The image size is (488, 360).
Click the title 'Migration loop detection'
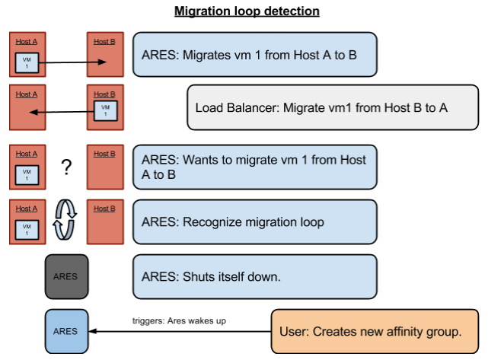pos(247,11)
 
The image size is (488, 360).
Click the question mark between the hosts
pos(66,167)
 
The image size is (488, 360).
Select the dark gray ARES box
pos(66,276)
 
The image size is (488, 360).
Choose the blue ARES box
pos(66,331)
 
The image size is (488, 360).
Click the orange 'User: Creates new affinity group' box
pos(376,331)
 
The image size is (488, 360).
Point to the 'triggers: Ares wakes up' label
pos(179,321)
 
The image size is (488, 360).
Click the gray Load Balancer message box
pos(333,107)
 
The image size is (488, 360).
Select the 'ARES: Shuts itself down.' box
pos(255,276)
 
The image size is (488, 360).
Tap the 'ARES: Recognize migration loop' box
pos(255,221)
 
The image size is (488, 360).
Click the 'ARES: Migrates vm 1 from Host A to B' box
pos(255,54)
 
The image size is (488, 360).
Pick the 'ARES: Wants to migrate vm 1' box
pos(255,167)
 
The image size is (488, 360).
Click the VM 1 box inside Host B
pos(105,111)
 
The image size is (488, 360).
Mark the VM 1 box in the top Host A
pos(27,63)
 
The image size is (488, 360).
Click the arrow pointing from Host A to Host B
pos(71,63)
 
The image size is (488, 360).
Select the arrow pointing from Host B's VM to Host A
pos(61,113)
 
